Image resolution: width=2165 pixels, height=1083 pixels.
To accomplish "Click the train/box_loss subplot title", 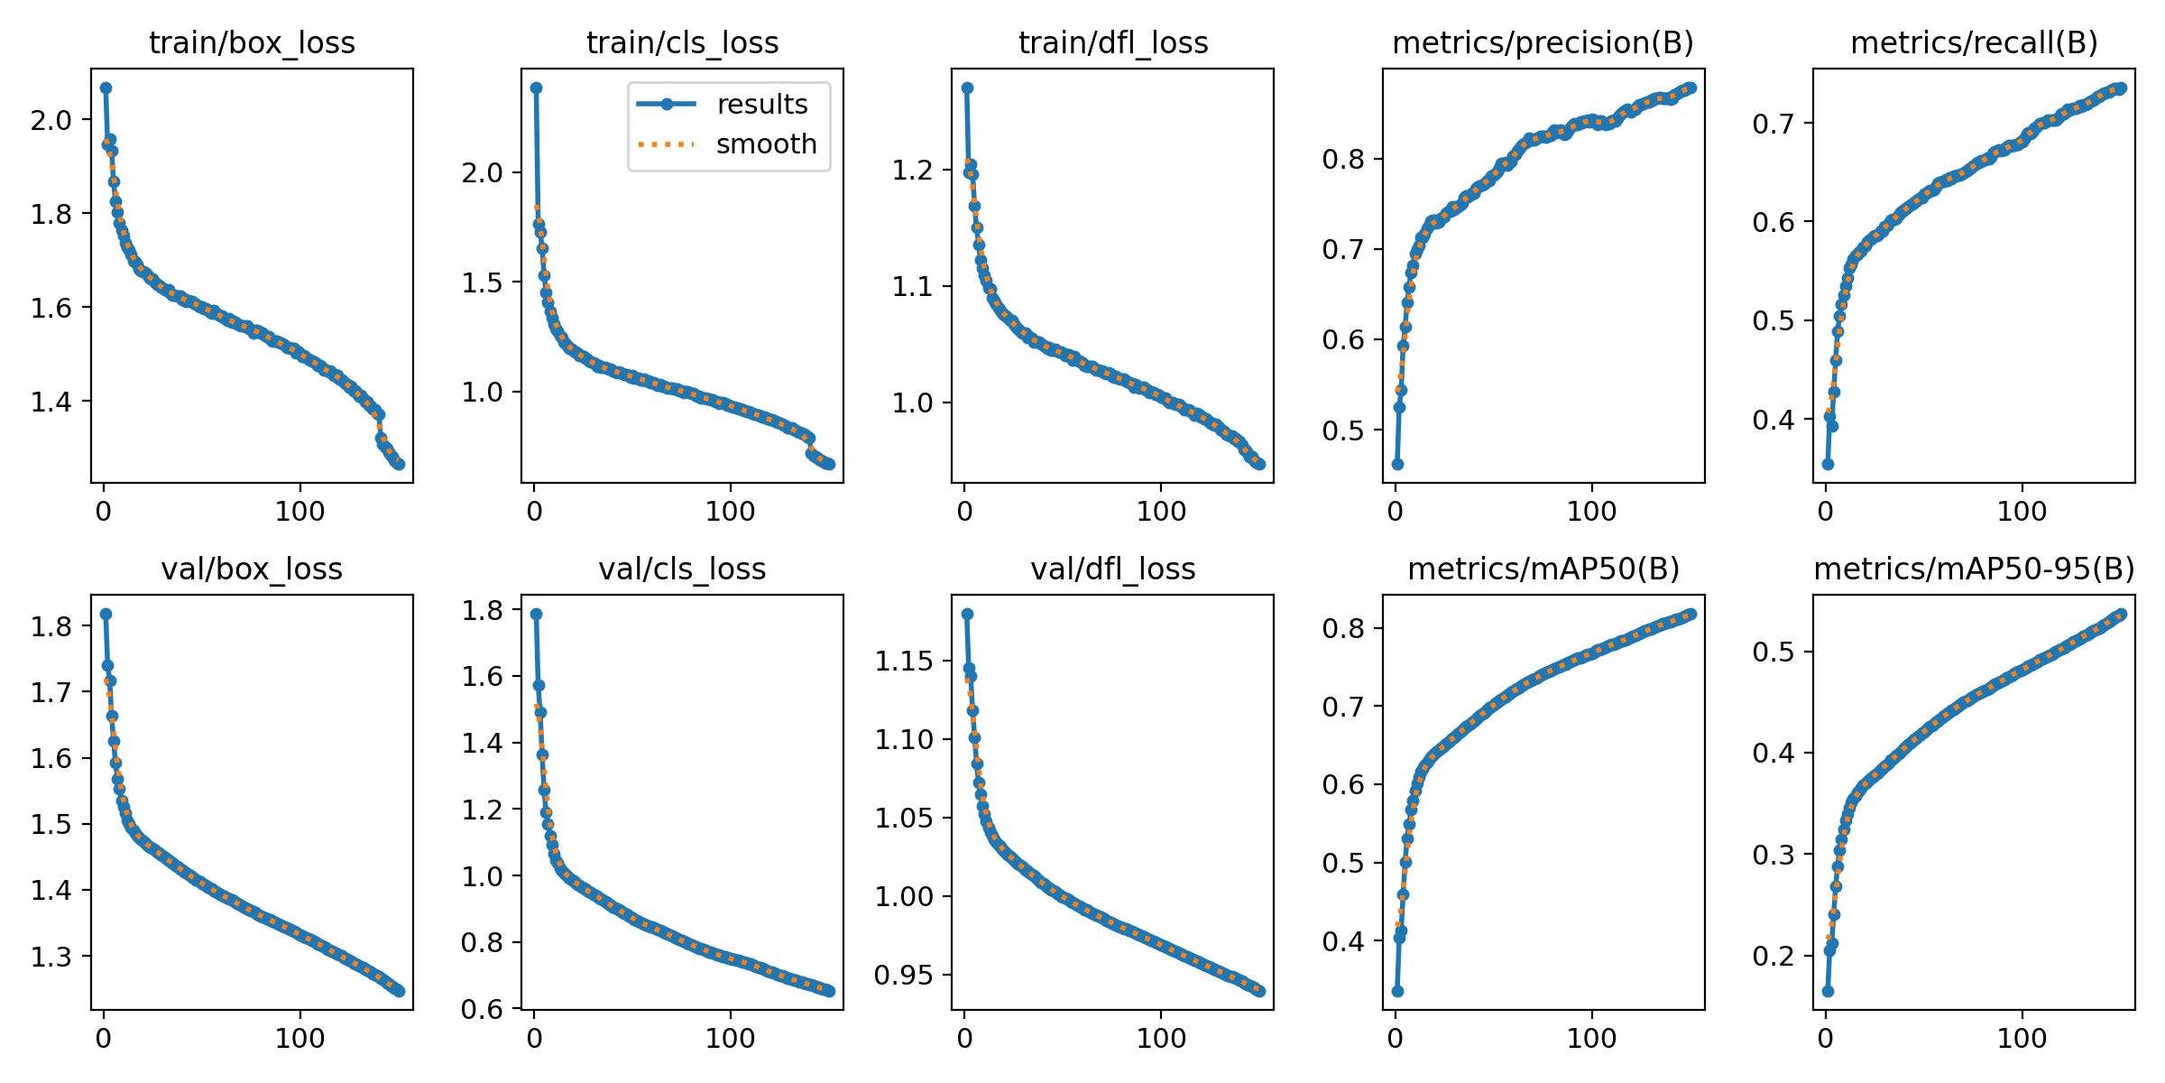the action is pos(252,43).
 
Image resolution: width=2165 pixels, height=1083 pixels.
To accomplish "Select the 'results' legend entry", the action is pos(762,105).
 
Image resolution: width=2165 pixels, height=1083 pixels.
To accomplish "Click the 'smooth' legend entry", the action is pos(766,144).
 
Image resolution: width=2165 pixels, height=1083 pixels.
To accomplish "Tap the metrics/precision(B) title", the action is pos(1543,43).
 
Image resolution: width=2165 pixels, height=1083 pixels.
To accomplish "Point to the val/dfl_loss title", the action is pos(1113,569).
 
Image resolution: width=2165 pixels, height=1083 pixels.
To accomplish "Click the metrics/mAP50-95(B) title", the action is pos(1974,569).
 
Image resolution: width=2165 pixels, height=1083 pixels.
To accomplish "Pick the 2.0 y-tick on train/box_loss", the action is pos(51,120).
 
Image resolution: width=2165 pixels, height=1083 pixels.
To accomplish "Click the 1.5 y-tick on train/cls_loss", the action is pos(483,282).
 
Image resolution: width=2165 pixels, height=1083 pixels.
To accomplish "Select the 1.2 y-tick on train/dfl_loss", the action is pos(913,171).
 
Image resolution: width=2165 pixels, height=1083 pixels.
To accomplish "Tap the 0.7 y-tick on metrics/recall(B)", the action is pos(1773,124).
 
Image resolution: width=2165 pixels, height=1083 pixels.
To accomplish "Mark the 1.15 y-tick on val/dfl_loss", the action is pos(905,662).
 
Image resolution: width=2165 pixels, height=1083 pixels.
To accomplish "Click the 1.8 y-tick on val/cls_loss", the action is pos(483,611).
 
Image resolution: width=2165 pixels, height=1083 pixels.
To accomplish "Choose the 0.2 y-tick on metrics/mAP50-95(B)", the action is pos(1773,956).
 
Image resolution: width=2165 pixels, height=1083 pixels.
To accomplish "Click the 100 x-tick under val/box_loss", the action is pos(299,1038).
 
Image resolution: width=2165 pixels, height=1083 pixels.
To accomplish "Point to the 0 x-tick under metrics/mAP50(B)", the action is pos(1396,1038).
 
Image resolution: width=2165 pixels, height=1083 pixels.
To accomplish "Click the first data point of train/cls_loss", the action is pos(536,88).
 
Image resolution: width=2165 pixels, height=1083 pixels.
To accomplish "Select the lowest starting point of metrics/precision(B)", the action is pos(1397,464).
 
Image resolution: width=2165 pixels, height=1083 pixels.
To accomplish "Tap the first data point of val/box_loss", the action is pos(106,614).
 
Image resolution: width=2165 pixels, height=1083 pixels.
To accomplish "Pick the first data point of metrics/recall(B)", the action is pos(1828,464).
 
